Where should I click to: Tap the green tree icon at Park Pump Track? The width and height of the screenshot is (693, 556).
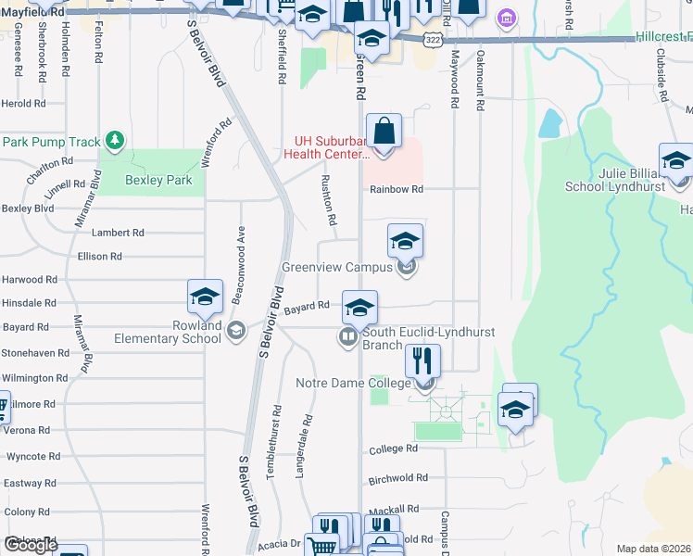(115, 141)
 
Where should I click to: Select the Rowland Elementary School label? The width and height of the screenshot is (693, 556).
(170, 332)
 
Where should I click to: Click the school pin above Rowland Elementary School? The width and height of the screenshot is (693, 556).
(205, 297)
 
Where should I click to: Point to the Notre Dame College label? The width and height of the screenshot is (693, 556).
(352, 383)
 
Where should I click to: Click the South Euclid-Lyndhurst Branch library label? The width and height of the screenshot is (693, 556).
(429, 338)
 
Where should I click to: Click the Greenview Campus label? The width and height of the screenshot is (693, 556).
(338, 268)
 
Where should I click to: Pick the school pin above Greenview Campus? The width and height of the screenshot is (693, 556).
(405, 242)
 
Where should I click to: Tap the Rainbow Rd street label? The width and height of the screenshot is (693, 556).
(396, 189)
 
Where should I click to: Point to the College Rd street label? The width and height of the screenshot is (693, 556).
(393, 449)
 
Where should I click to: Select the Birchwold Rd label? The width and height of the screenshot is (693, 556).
(397, 478)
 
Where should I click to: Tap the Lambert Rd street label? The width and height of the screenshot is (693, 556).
(118, 233)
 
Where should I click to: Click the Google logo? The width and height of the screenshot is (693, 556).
(30, 545)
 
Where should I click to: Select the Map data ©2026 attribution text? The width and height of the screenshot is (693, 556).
(653, 549)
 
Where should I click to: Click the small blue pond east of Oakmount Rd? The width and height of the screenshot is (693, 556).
(551, 123)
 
